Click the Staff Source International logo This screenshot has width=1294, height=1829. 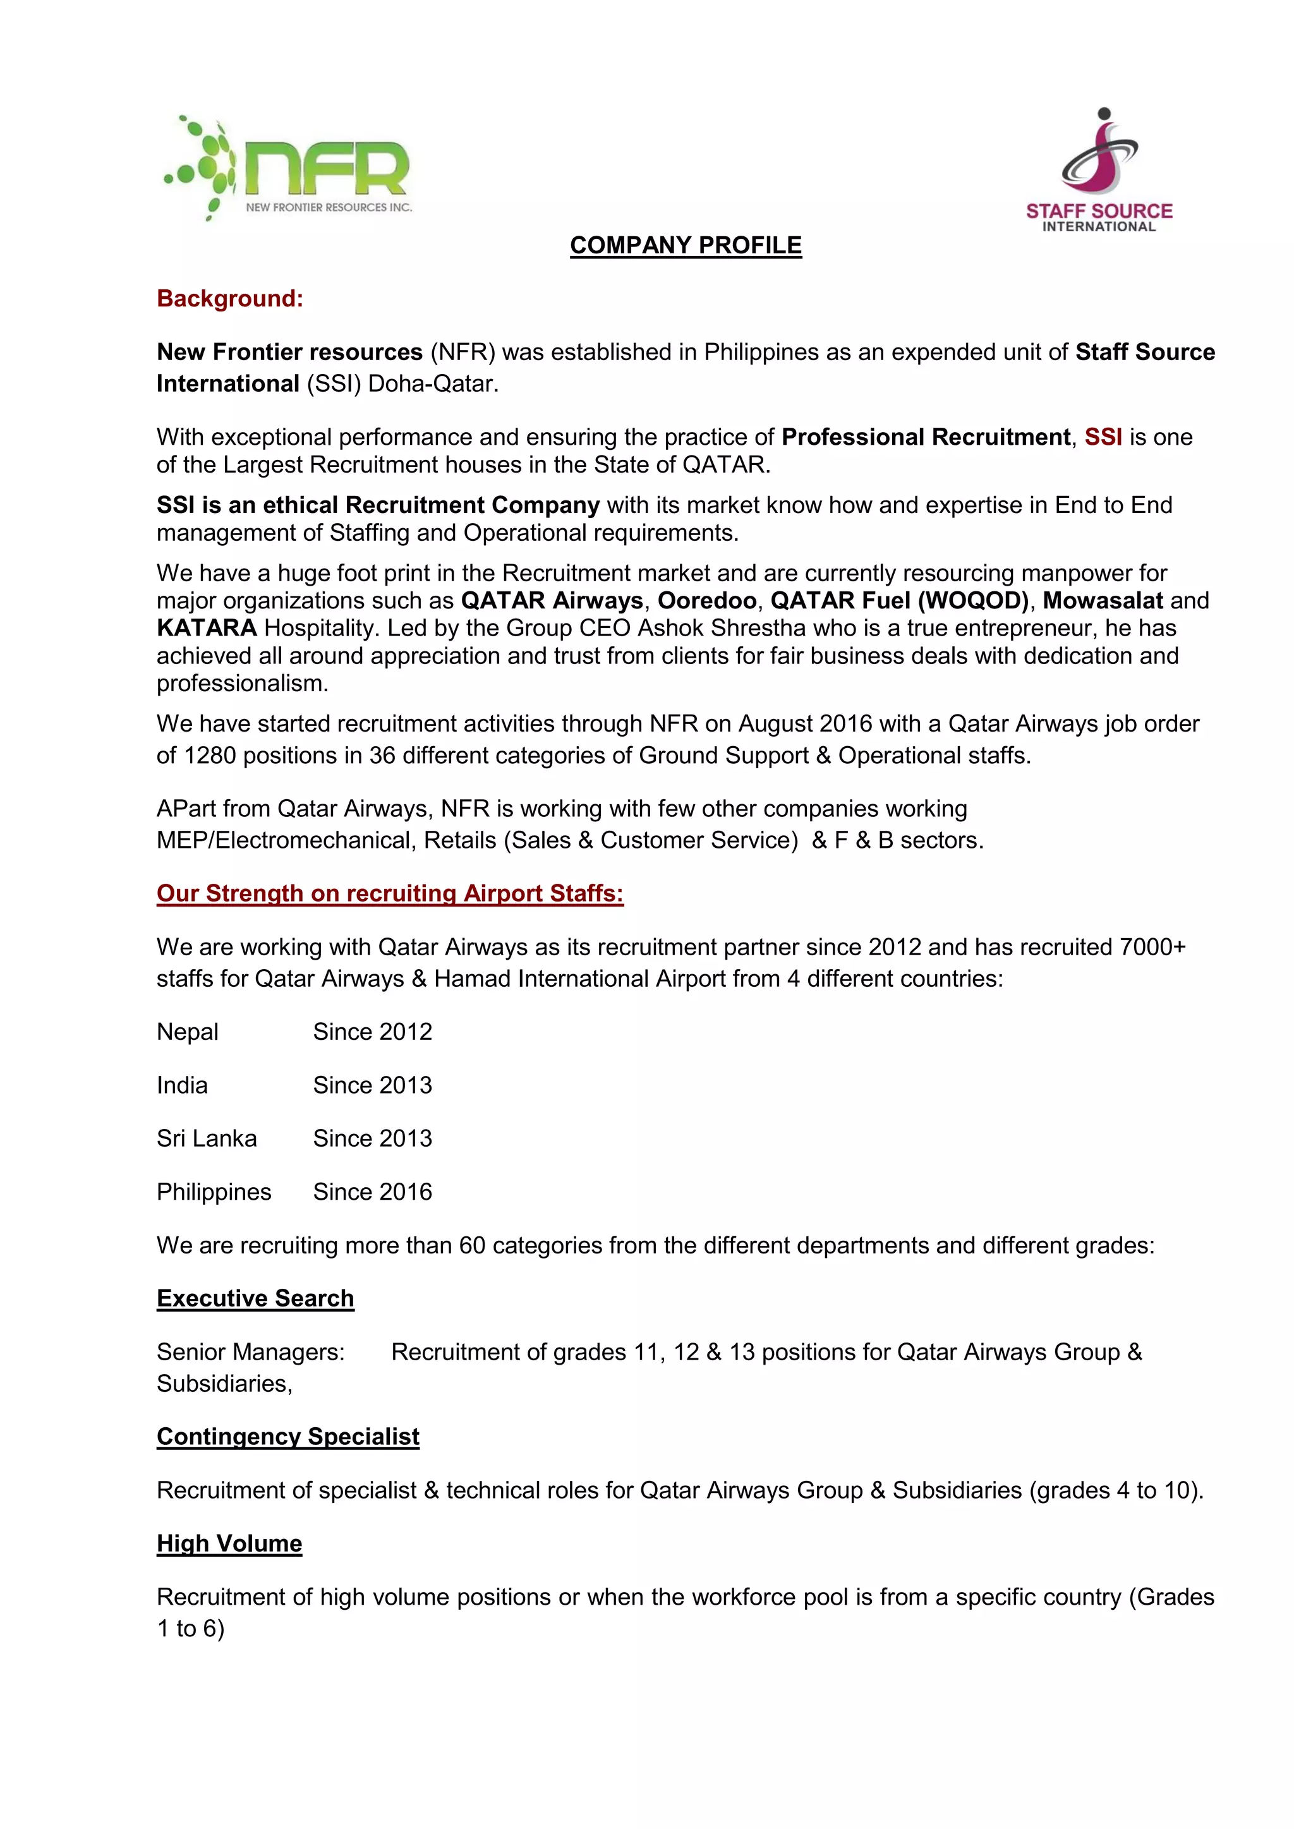click(1099, 171)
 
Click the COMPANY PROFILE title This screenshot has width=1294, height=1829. click(686, 245)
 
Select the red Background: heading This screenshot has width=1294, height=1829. click(229, 299)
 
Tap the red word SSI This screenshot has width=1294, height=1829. click(1103, 437)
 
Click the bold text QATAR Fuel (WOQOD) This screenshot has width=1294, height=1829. click(899, 601)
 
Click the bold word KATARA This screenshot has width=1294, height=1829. click(207, 629)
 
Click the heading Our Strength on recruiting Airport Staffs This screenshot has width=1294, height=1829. click(390, 894)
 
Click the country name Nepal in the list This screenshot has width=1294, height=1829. click(187, 1032)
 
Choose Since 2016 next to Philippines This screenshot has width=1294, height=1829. click(372, 1193)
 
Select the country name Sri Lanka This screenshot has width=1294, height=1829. click(207, 1139)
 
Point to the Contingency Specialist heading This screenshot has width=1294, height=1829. click(287, 1437)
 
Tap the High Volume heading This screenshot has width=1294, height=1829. click(229, 1544)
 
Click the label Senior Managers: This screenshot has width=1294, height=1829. click(250, 1353)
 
